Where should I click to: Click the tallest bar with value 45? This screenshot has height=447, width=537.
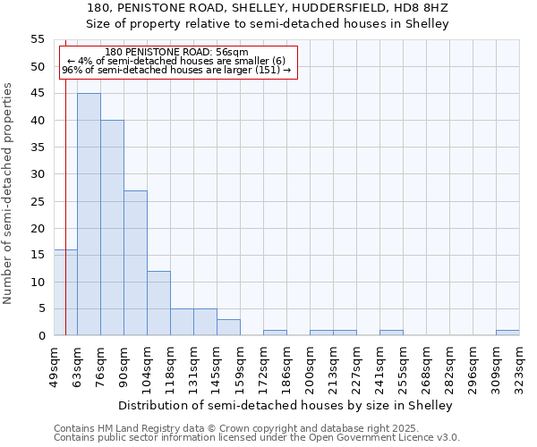[89, 215]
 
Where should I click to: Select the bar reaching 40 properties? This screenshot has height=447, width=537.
[112, 228]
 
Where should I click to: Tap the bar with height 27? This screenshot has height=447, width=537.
[135, 263]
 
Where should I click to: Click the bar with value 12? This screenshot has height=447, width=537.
[158, 303]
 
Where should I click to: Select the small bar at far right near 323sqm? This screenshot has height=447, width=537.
[507, 333]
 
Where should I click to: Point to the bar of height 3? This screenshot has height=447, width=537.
[228, 327]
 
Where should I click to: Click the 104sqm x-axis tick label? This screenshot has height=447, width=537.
[148, 365]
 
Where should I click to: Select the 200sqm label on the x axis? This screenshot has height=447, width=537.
[311, 365]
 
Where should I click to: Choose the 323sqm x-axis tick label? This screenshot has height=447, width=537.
[520, 365]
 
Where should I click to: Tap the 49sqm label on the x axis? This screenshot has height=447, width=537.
[55, 365]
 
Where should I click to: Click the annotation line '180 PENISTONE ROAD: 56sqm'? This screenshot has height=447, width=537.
[176, 53]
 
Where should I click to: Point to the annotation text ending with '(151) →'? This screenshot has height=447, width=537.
[176, 70]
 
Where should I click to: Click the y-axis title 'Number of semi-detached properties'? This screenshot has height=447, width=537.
[8, 193]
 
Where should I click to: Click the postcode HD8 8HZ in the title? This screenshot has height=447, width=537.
[424, 8]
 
